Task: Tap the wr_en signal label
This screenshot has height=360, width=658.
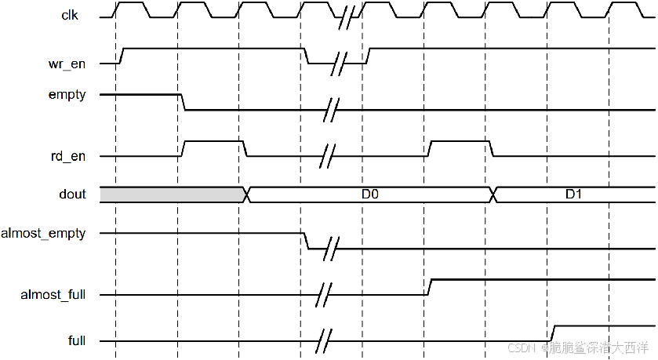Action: pyautogui.click(x=67, y=64)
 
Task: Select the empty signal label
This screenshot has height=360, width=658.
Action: pyautogui.click(x=67, y=94)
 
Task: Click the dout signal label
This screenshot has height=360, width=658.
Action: pyautogui.click(x=72, y=195)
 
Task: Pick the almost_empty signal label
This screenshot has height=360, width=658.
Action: pyautogui.click(x=44, y=233)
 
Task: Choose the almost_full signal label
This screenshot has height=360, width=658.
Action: pyautogui.click(x=53, y=295)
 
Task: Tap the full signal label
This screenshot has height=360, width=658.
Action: pyautogui.click(x=77, y=340)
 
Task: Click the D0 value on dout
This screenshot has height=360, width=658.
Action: pyautogui.click(x=371, y=195)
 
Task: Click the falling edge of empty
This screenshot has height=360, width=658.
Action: pyautogui.click(x=184, y=102)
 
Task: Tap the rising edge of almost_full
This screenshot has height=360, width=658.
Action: pyautogui.click(x=429, y=287)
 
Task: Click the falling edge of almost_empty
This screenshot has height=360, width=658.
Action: pyautogui.click(x=307, y=241)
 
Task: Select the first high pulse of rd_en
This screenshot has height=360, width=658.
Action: pyautogui.click(x=213, y=141)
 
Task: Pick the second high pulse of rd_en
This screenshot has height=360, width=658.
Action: pyautogui.click(x=460, y=141)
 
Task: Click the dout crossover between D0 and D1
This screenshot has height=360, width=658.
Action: pyautogui.click(x=493, y=195)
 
